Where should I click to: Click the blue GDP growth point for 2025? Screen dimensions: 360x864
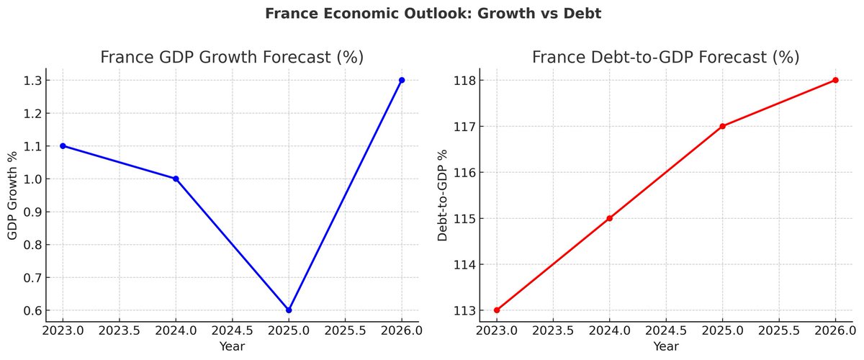[289, 310]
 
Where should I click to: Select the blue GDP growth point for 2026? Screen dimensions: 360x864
[402, 80]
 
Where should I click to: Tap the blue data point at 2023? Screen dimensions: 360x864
[63, 145]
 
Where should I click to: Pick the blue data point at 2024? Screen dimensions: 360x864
[176, 179]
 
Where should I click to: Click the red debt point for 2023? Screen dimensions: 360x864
[497, 310]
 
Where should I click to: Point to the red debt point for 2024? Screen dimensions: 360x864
[610, 218]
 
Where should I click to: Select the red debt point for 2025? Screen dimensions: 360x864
[722, 126]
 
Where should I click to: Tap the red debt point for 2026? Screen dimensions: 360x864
[835, 80]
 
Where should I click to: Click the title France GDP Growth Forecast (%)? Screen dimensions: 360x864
[232, 57]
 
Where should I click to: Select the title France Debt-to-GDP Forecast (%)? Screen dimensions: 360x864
[665, 57]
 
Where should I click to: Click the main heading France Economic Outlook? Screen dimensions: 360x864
[432, 14]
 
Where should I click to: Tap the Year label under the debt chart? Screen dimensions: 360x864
[665, 347]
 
